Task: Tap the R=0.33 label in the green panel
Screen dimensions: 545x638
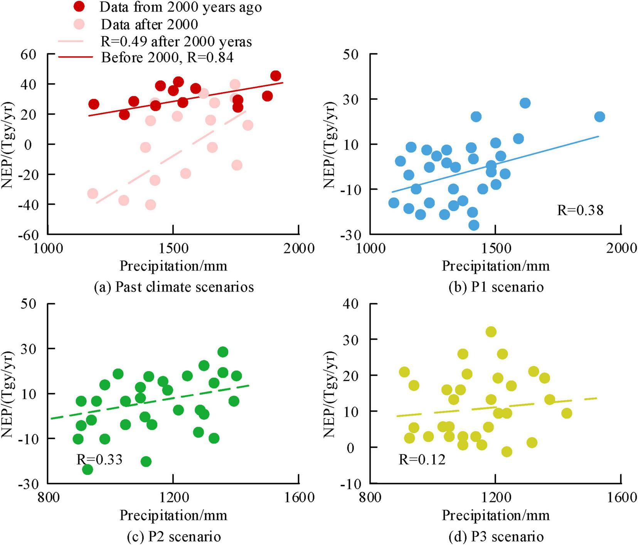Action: coord(99,459)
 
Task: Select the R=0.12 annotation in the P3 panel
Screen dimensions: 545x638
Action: coord(422,459)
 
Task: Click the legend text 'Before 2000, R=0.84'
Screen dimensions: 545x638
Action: coord(167,57)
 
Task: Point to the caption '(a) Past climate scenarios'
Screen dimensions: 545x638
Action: coord(174,287)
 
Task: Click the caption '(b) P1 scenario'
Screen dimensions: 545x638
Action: coord(496,287)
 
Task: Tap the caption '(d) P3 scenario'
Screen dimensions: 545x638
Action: coord(496,537)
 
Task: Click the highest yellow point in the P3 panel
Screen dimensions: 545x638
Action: coord(491,332)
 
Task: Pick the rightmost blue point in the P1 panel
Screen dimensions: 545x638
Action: coord(599,116)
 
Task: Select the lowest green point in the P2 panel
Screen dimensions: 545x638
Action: coord(88,469)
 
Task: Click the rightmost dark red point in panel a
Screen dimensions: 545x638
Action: coord(276,76)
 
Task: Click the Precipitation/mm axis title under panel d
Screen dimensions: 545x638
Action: coord(495,515)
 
